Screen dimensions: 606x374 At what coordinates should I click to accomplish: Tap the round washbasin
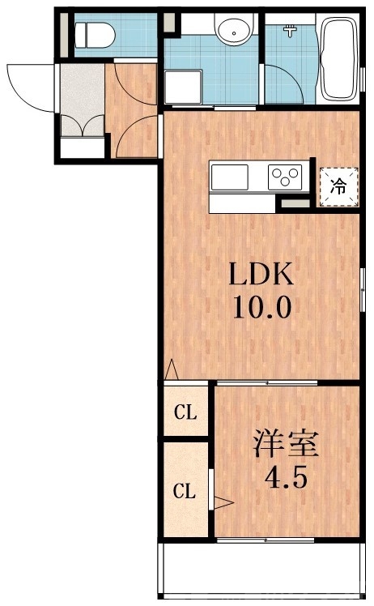click(x=233, y=31)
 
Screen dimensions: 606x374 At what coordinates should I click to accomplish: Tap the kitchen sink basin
click(x=230, y=176)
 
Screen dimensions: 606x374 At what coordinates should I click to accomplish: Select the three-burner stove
click(x=285, y=176)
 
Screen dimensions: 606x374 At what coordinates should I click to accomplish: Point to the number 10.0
click(x=259, y=309)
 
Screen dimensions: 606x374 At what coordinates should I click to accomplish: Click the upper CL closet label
click(x=185, y=412)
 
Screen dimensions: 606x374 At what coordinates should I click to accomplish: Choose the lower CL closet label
click(x=185, y=490)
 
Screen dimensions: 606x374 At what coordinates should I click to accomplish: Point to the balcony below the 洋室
click(x=259, y=570)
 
